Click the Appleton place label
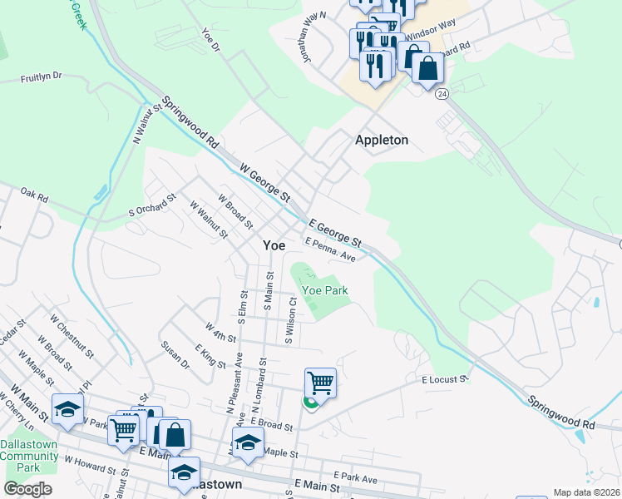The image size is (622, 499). pos(382,140)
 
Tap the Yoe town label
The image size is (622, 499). pos(274,245)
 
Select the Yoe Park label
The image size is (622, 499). pos(324,290)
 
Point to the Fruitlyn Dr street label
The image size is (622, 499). pos(42,76)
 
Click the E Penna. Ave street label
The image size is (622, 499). pos(330,250)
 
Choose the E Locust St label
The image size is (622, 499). pos(445,379)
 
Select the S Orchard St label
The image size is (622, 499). pos(153,206)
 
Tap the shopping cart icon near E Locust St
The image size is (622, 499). pos(320,383)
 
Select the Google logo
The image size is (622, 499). pos(27,489)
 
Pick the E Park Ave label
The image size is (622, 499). pos(358,479)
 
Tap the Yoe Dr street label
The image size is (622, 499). pos(211,42)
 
